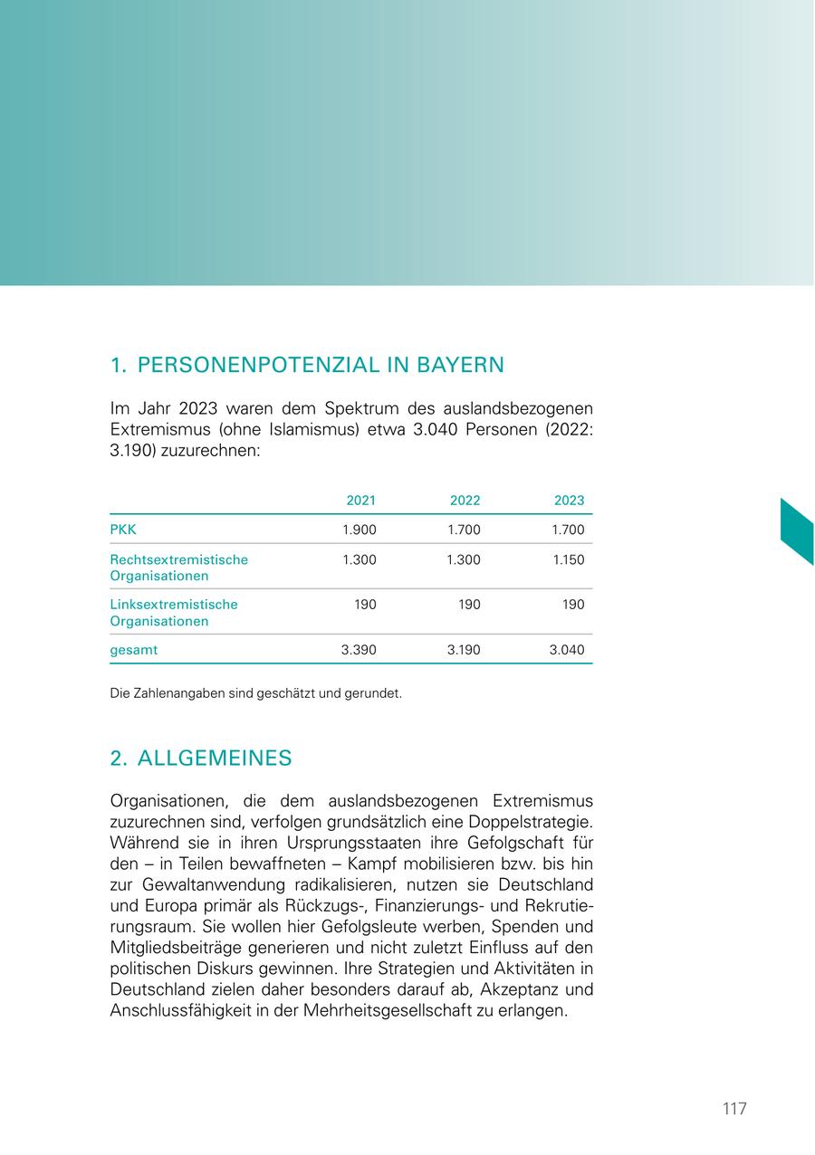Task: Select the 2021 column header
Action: pyautogui.click(x=360, y=501)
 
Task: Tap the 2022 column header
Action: pyautogui.click(x=465, y=501)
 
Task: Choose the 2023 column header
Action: pyautogui.click(x=569, y=501)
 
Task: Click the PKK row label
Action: pyautogui.click(x=123, y=530)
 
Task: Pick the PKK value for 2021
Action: pyautogui.click(x=359, y=530)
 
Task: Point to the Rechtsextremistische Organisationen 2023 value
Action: pyautogui.click(x=568, y=560)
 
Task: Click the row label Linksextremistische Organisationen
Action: pyautogui.click(x=174, y=613)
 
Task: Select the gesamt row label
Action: pyautogui.click(x=134, y=650)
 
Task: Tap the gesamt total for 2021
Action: pyautogui.click(x=359, y=650)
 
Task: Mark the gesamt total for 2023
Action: pyautogui.click(x=568, y=650)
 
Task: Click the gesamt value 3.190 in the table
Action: pyautogui.click(x=464, y=650)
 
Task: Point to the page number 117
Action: pyautogui.click(x=734, y=1109)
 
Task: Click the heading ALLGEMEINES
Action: pyautogui.click(x=215, y=759)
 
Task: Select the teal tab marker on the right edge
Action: pyautogui.click(x=797, y=531)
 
